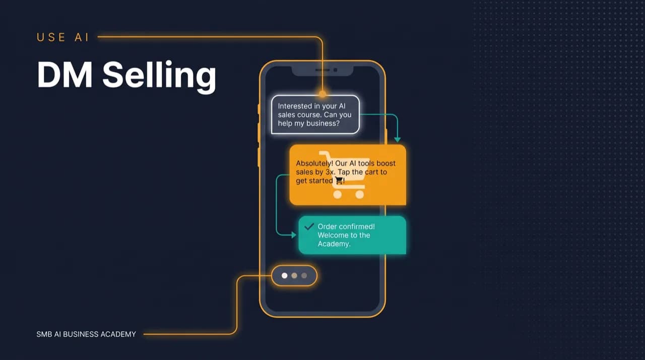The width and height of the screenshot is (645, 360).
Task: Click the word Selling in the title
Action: [159, 76]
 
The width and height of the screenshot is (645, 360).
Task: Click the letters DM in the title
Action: [65, 75]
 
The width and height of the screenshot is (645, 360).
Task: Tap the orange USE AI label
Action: [63, 37]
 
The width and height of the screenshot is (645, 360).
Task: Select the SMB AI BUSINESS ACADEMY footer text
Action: [86, 334]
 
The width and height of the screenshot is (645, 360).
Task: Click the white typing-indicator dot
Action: [285, 276]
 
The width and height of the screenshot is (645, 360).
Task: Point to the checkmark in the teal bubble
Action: [309, 227]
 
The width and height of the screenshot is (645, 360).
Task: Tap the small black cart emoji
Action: [339, 181]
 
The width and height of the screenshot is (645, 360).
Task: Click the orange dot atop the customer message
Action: [322, 94]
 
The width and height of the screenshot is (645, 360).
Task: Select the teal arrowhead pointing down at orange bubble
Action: [398, 139]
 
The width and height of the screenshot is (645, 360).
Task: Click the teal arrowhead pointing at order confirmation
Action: [294, 235]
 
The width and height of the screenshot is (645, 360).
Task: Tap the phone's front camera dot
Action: [335, 70]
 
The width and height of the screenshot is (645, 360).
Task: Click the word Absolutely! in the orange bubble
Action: [314, 163]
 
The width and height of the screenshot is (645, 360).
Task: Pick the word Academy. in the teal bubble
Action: [334, 244]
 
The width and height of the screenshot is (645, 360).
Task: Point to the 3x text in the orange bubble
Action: [330, 172]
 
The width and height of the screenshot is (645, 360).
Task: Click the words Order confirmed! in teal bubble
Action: [346, 226]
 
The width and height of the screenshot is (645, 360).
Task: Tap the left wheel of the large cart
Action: [338, 195]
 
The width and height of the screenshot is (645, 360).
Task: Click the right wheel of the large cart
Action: [360, 195]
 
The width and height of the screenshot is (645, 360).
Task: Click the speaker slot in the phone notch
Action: [322, 70]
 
